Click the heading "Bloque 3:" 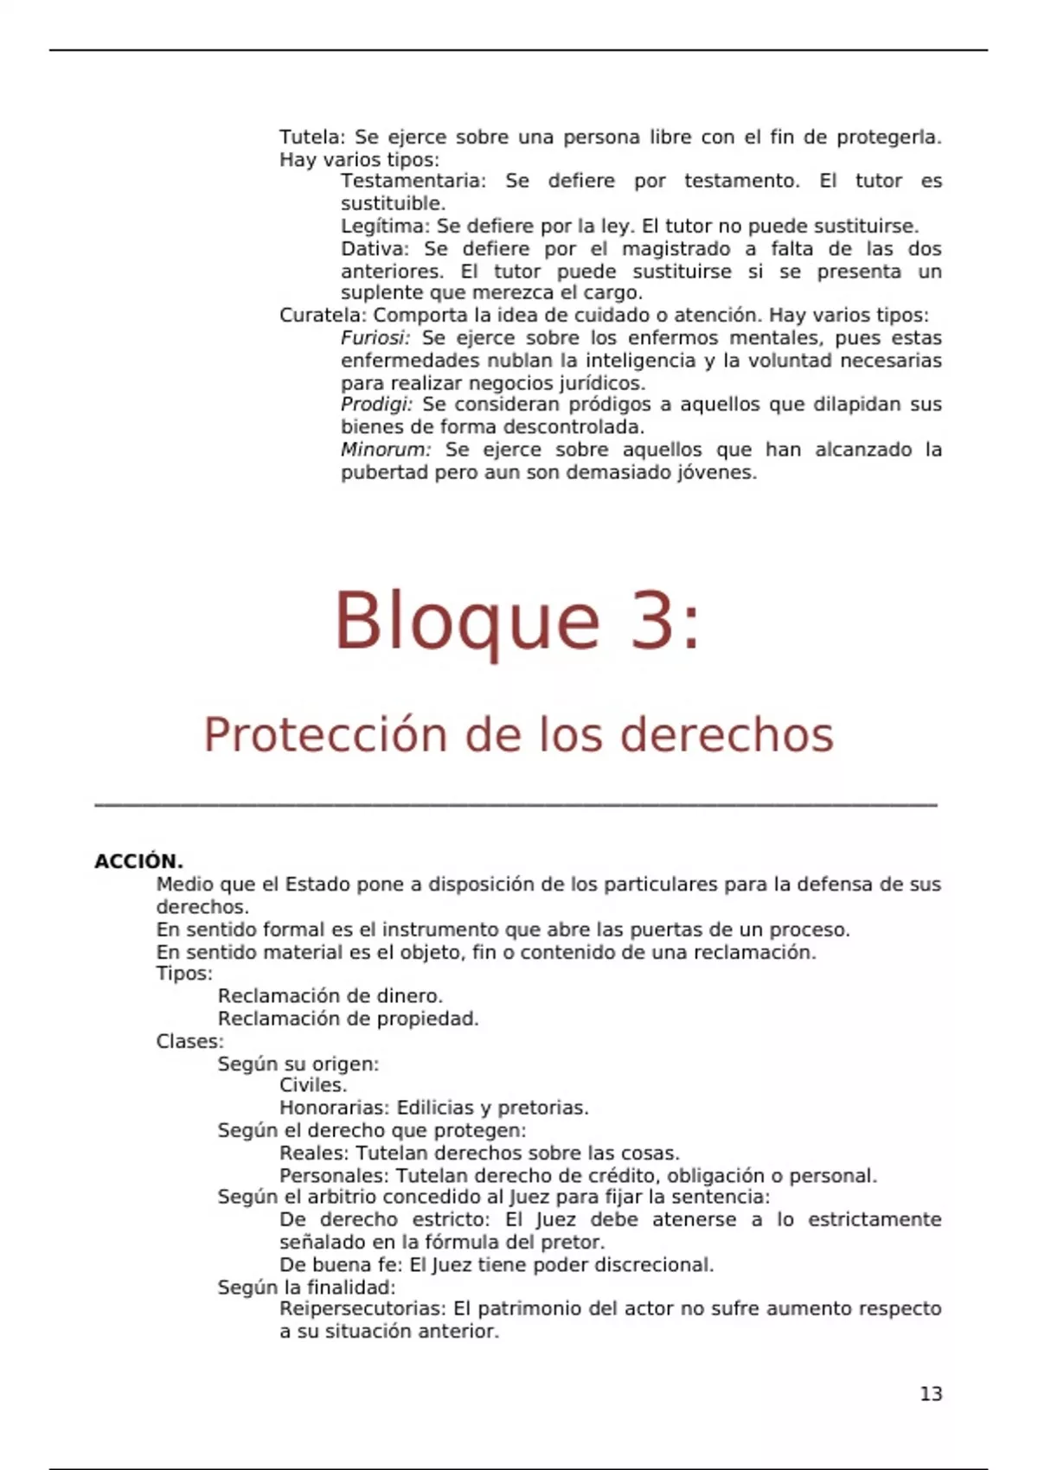coord(517,621)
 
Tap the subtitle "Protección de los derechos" coord(518,735)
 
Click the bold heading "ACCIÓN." coord(138,861)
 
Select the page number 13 coord(931,1394)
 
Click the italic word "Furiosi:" coord(375,338)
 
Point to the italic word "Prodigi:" coord(376,405)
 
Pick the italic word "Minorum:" coord(385,450)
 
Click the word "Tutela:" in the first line coord(312,137)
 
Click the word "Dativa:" coord(374,249)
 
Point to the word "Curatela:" coord(323,316)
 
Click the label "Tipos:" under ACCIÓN coord(184,974)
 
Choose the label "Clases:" coord(189,1041)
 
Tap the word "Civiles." coord(313,1085)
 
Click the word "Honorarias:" coord(335,1108)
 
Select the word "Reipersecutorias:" coord(362,1309)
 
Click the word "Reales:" coord(314,1154)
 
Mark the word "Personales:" coord(335,1176)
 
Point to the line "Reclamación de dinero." coord(330,996)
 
